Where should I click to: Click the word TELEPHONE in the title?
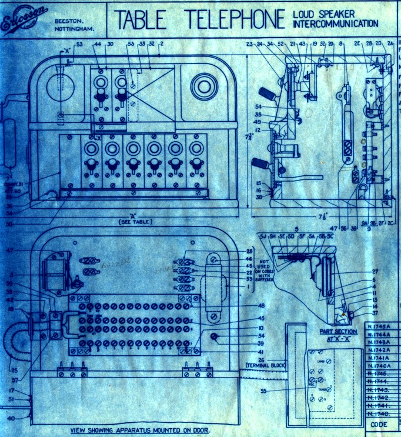(235, 19)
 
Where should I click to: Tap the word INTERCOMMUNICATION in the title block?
(335, 24)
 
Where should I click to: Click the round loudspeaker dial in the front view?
(203, 86)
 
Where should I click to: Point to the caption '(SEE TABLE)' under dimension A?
(135, 222)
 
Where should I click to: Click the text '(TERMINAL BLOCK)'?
(264, 366)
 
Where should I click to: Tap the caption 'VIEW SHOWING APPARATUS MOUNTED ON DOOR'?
(139, 430)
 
